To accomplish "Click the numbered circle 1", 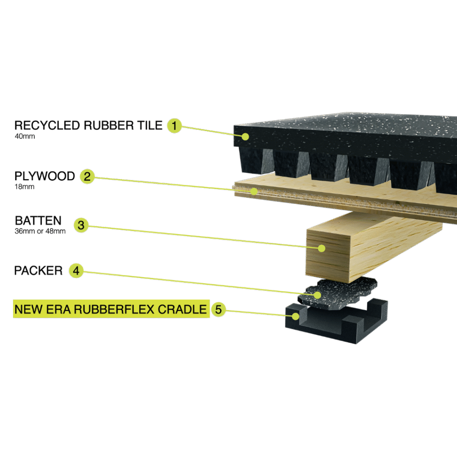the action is tap(174, 125).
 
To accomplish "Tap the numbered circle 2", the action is tap(87, 176).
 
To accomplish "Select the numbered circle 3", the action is tap(81, 225).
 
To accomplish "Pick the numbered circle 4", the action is tap(76, 270).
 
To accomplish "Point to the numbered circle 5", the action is tap(218, 309).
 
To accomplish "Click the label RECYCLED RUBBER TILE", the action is tap(88, 125).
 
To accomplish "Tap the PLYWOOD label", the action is tap(45, 176).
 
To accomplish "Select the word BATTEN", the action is tap(38, 220).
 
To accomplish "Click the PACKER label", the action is tap(38, 270).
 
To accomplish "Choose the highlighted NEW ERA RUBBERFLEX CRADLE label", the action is tap(111, 309).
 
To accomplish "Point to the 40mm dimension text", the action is tap(25, 136).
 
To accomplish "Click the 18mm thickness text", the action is tap(25, 187).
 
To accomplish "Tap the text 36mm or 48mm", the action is tap(40, 231).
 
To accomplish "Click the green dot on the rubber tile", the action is tap(245, 137).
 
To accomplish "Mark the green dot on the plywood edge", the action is tap(254, 191).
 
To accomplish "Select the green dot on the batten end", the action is tap(321, 248).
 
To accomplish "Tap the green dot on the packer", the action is tap(317, 295).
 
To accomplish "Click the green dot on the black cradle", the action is tap(295, 316).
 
